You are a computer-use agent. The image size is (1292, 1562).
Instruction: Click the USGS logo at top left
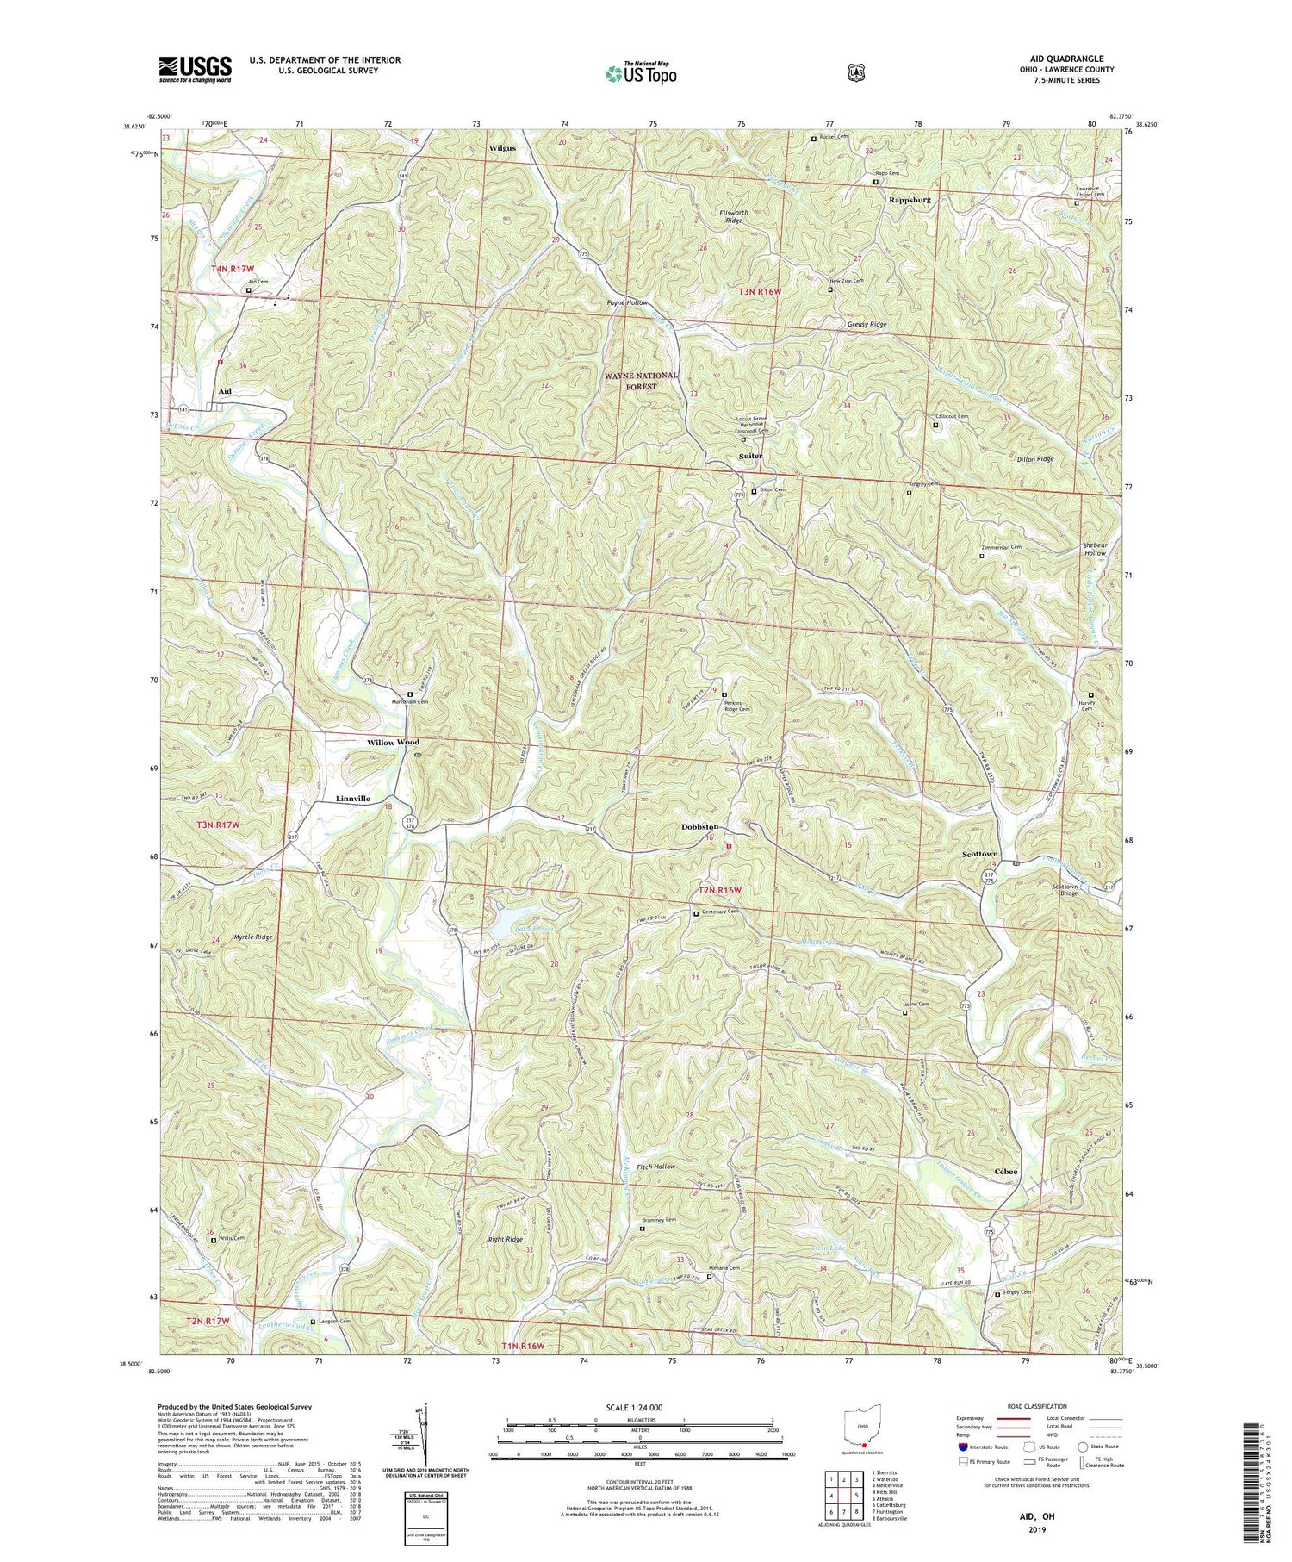click(196, 69)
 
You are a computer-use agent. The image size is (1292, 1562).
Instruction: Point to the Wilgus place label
click(502, 148)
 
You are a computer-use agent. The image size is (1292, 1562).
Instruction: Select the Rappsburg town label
click(910, 199)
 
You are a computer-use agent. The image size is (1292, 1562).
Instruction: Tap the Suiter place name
click(750, 455)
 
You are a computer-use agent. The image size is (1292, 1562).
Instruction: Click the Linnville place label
click(351, 799)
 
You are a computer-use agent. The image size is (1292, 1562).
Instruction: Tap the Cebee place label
click(1005, 1171)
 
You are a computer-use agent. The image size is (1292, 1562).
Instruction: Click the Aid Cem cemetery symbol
click(248, 290)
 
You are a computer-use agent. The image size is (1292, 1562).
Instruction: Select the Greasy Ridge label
click(867, 325)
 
